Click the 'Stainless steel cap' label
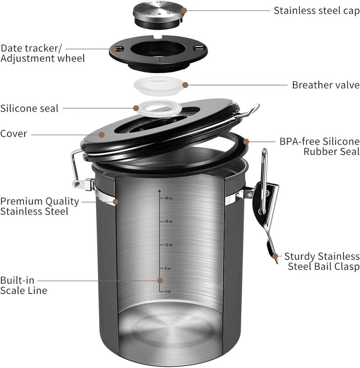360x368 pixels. (316, 10)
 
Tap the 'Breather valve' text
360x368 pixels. (325, 85)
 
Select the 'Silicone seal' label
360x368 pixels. (29, 108)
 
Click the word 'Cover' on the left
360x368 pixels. (13, 133)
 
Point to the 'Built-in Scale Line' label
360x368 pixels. (23, 285)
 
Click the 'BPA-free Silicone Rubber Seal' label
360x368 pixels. (319, 146)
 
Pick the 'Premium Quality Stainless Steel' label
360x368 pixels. (39, 206)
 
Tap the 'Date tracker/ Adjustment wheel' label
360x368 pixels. (42, 53)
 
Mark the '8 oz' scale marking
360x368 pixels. (168, 268)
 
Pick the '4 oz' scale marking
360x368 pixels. (168, 291)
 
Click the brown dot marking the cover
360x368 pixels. (102, 134)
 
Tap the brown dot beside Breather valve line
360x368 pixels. (185, 84)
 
